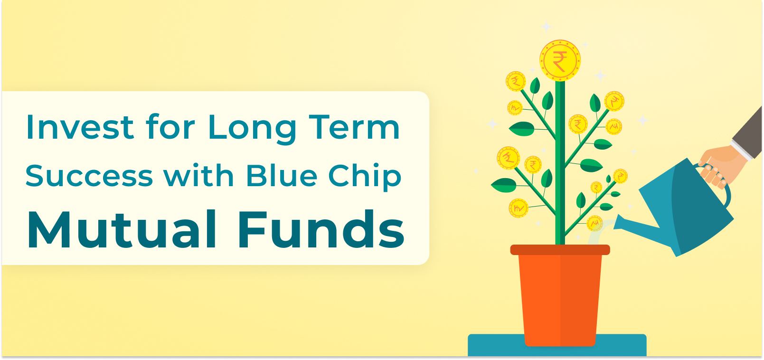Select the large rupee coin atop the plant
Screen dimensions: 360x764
(x=560, y=60)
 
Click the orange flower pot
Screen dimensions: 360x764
(x=560, y=299)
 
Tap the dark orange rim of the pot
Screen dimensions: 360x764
(x=560, y=250)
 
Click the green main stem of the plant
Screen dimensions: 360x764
(x=560, y=190)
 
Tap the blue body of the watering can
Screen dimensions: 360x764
(x=684, y=209)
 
